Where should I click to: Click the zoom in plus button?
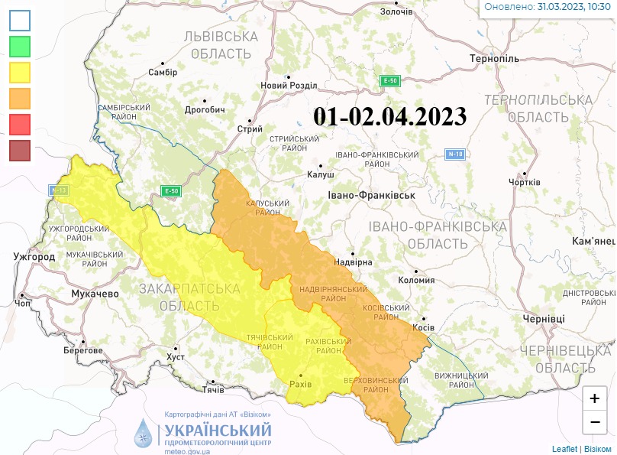(x=595, y=398)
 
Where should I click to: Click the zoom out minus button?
(x=595, y=421)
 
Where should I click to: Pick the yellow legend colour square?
(x=20, y=73)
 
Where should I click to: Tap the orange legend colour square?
(x=20, y=99)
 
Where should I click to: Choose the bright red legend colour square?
(x=20, y=124)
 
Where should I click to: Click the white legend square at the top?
(x=20, y=20)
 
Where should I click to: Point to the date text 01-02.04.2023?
(x=389, y=116)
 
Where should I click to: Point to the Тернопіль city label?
(x=494, y=59)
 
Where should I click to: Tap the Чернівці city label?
(x=544, y=318)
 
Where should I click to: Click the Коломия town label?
(x=417, y=280)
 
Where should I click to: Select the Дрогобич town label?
(x=205, y=110)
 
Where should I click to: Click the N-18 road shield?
(x=455, y=154)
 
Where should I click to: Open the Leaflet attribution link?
(x=564, y=449)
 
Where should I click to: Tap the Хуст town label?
(x=176, y=357)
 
